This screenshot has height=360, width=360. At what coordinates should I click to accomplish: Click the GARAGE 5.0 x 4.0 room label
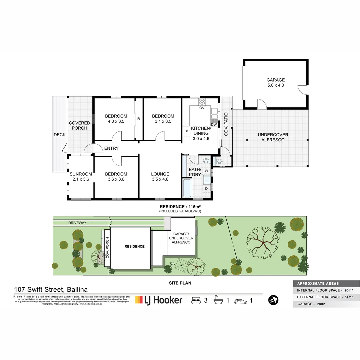[275, 82]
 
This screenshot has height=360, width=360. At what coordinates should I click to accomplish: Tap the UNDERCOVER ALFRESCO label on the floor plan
[273, 137]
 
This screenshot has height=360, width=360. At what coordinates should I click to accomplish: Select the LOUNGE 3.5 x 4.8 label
[160, 176]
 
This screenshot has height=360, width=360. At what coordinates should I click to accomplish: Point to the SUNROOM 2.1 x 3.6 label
[81, 176]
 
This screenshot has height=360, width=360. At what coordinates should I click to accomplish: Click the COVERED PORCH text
[79, 125]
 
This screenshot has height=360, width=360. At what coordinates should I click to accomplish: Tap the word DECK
[60, 135]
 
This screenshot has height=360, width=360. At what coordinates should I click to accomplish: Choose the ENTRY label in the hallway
[111, 148]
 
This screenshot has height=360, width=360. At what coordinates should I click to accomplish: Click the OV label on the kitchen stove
[202, 108]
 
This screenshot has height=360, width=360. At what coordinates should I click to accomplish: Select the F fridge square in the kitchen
[186, 131]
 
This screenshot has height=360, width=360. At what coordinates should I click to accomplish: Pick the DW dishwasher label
[214, 125]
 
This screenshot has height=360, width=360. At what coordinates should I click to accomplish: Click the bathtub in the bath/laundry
[187, 188]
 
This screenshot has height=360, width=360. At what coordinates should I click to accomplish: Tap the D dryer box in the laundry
[206, 189]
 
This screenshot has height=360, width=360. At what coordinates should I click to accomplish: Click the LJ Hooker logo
[159, 300]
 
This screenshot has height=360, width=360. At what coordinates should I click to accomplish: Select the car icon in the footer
[241, 301]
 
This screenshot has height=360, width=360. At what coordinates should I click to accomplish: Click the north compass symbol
[273, 300]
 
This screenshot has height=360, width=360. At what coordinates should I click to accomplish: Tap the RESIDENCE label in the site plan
[134, 246]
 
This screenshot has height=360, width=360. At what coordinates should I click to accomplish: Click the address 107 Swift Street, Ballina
[51, 290]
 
